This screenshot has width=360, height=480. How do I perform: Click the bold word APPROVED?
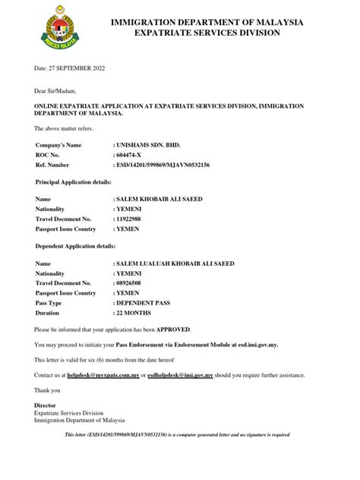coord(174,330)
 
